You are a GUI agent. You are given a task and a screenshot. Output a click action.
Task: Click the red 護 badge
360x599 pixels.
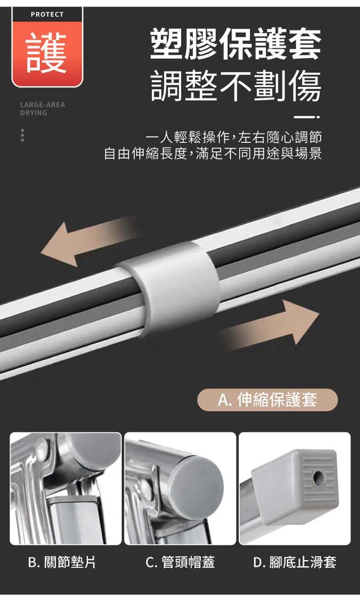pyautogui.click(x=48, y=54)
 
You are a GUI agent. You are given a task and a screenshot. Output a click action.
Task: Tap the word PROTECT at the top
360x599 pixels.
pyautogui.click(x=47, y=14)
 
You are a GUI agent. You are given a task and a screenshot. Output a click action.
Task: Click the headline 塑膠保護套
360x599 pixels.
pyautogui.click(x=235, y=45)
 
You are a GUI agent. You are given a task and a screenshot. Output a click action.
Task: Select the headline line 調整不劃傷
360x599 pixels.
pyautogui.click(x=235, y=86)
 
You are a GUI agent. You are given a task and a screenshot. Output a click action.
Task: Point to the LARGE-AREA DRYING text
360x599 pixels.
pyautogui.click(x=43, y=109)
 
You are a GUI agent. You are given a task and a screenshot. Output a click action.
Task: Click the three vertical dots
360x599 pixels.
pyautogui.click(x=23, y=135)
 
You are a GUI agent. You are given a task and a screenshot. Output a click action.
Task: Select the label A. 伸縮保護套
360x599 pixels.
pyautogui.click(x=268, y=400)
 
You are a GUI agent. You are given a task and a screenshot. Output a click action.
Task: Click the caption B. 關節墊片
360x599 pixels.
pyautogui.click(x=62, y=562)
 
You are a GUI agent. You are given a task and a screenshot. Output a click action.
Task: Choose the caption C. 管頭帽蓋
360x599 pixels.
pyautogui.click(x=181, y=562)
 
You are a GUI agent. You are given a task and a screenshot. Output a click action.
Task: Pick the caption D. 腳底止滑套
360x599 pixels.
pyautogui.click(x=295, y=562)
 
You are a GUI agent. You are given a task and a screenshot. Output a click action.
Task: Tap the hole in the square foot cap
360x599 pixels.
pyautogui.click(x=318, y=476)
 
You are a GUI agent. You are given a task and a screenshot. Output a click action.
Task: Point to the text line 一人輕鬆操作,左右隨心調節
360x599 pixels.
pyautogui.click(x=234, y=137)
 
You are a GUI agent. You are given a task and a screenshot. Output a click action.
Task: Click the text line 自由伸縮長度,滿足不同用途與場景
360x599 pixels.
pyautogui.click(x=213, y=153)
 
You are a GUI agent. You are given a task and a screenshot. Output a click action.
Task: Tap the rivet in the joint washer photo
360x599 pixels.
pyautogui.click(x=42, y=446)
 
